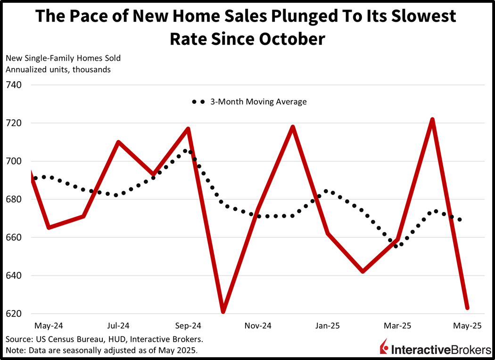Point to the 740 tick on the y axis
click(14, 85)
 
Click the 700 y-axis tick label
click(14, 161)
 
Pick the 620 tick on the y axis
click(14, 314)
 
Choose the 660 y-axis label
click(14, 237)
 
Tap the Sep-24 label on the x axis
click(189, 326)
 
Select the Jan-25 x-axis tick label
click(328, 326)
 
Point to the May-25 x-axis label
click(467, 326)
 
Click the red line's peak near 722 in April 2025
click(432, 120)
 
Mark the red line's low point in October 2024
click(223, 311)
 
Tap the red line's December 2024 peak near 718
click(293, 127)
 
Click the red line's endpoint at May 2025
click(467, 308)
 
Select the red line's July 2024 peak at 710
click(118, 142)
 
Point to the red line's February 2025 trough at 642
click(363, 271)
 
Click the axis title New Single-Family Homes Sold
click(63, 59)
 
